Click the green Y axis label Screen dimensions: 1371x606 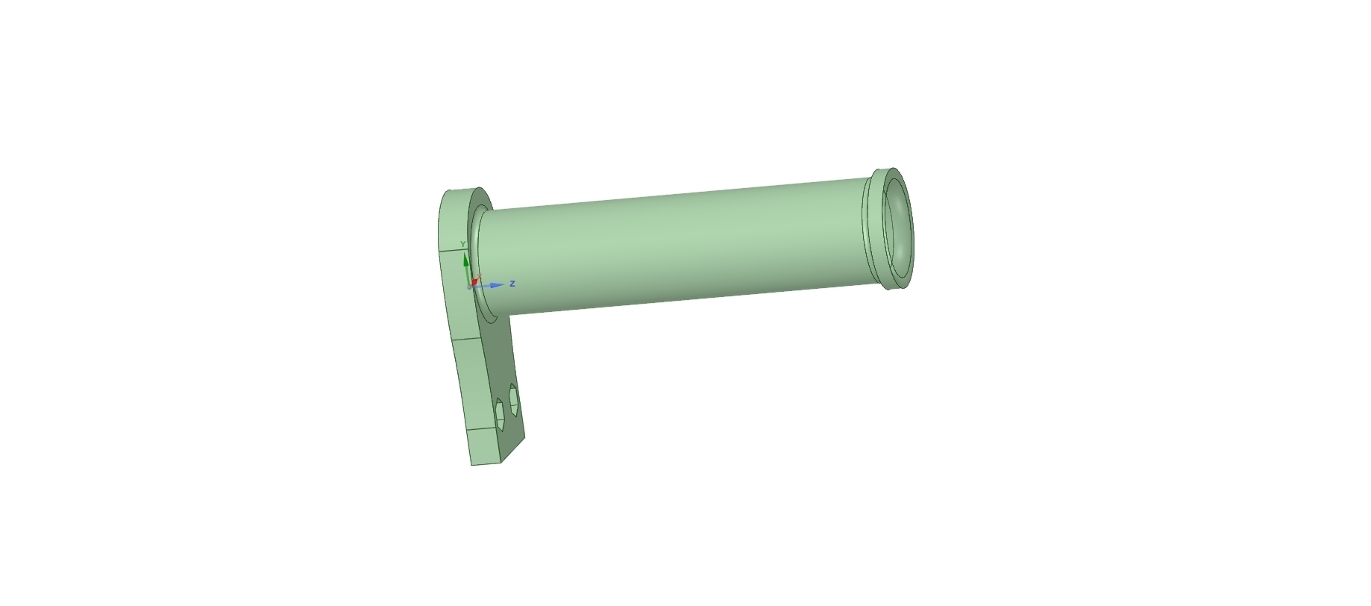click(463, 244)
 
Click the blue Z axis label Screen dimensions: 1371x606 click(512, 284)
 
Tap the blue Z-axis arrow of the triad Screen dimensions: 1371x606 click(489, 284)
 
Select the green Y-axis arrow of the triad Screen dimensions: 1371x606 click(467, 266)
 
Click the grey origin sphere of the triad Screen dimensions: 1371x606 click(471, 286)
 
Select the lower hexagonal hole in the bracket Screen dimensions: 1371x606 click(501, 415)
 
